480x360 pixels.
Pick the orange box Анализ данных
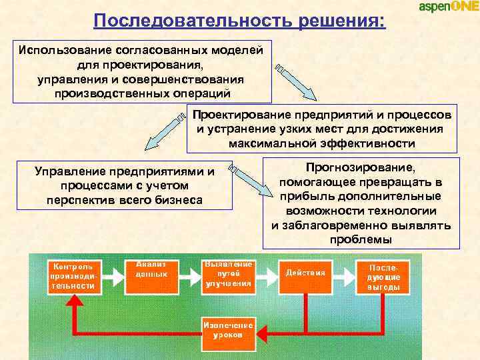(x=151, y=274)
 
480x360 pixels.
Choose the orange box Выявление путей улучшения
(x=228, y=274)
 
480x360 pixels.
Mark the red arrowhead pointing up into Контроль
(x=73, y=302)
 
